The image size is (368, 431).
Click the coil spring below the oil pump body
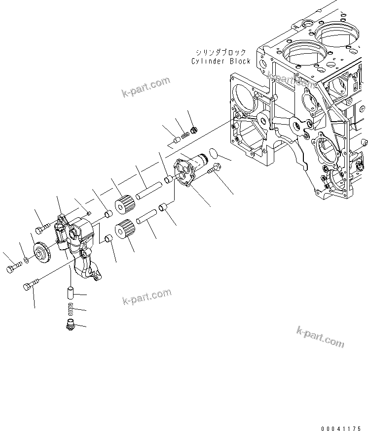point(70,309)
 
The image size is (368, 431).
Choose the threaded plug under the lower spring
point(71,325)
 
